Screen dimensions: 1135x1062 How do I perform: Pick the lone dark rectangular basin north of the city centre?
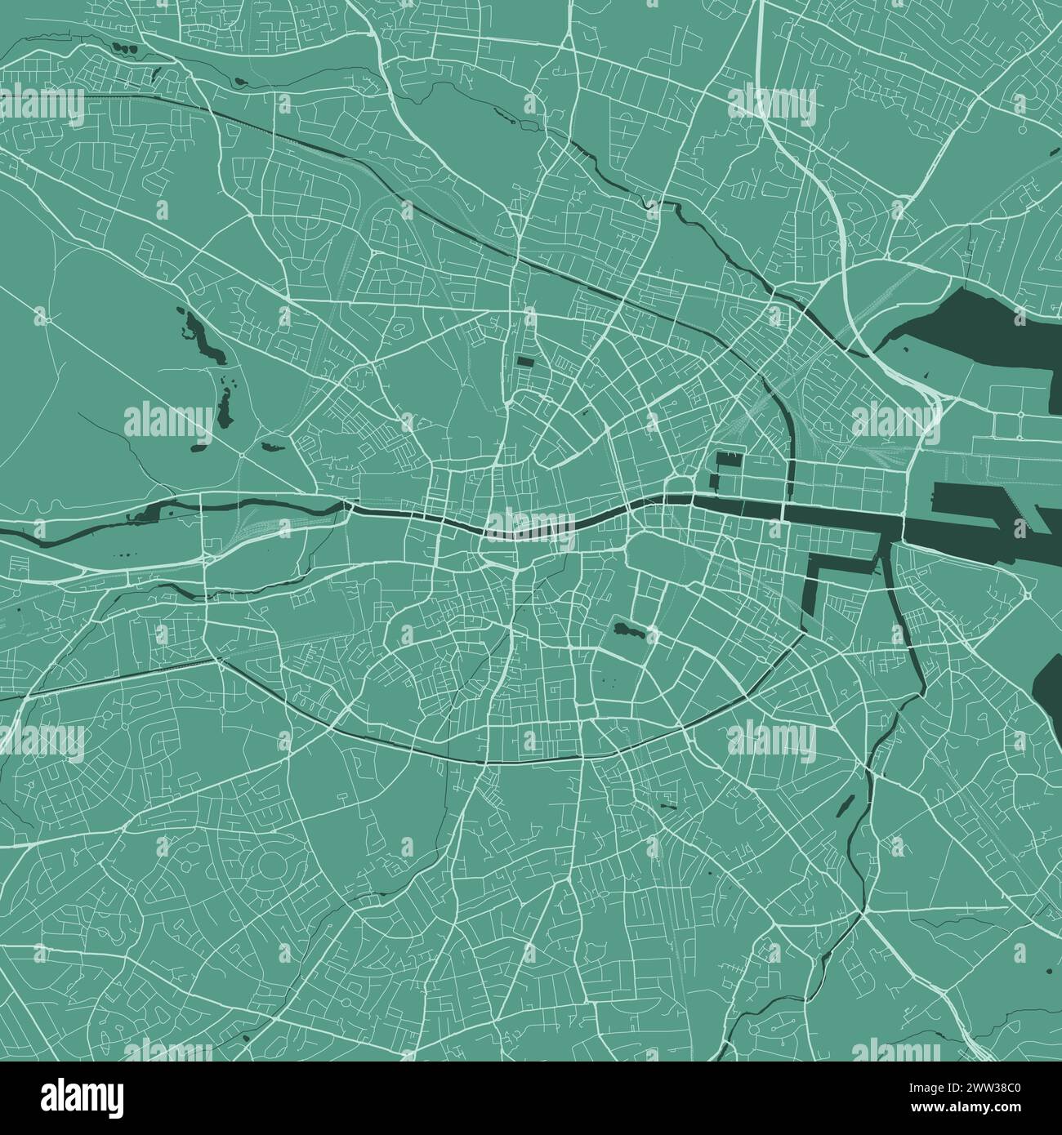point(524,360)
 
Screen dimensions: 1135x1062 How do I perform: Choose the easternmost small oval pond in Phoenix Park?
point(269,447)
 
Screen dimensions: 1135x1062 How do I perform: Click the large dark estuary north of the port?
point(972,327)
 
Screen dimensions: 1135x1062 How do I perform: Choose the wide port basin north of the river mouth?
point(980,498)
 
